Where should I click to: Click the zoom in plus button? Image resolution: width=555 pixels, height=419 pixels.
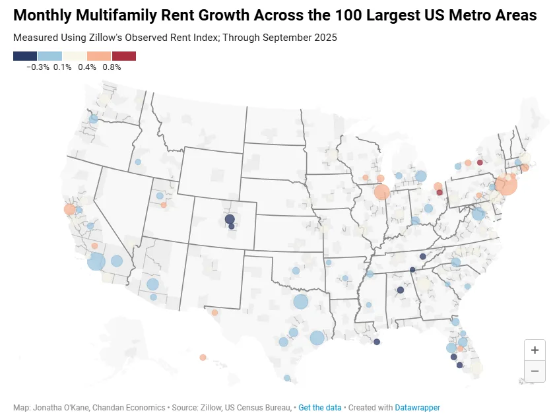point(535,350)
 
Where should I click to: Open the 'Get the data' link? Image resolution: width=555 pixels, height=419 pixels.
point(320,408)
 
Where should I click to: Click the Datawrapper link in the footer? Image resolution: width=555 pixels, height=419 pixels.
point(418,408)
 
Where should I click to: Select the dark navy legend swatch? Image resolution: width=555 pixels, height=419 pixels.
point(25,56)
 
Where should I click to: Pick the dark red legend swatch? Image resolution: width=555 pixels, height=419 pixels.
point(124,56)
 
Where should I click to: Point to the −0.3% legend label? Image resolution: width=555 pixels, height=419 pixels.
point(38,67)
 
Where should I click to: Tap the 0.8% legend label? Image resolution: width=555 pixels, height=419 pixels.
point(112,67)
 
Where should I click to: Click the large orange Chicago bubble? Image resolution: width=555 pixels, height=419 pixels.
point(381,192)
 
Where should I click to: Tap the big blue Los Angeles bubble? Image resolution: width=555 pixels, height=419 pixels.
point(96,262)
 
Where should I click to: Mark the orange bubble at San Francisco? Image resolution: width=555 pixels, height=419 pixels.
point(69,209)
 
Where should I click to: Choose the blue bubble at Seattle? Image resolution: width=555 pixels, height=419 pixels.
point(94,119)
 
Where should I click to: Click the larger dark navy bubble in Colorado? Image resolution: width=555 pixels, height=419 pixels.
point(230,218)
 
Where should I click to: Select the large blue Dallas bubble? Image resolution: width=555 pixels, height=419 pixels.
point(301,302)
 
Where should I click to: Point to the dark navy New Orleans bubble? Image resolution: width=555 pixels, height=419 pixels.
point(377,342)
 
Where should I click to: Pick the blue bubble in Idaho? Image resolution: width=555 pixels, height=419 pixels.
point(138,162)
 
